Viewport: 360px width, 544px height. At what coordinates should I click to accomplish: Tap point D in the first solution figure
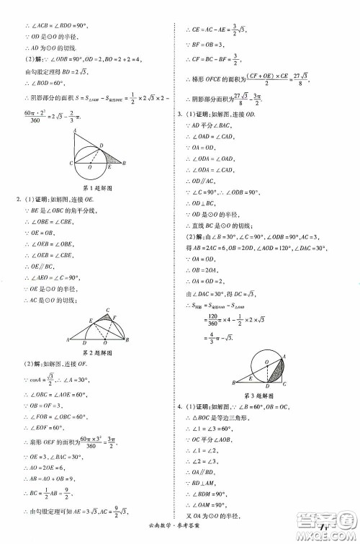click(102, 145)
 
